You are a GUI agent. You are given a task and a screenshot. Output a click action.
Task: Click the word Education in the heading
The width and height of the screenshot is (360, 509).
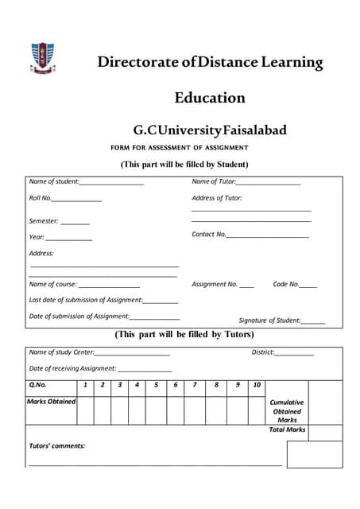210,98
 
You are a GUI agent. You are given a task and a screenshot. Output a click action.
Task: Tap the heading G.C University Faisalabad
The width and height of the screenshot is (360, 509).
210,130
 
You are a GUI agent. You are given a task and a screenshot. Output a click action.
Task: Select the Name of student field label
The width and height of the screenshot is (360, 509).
53,182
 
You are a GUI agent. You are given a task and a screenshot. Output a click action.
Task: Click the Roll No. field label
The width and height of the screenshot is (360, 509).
41,198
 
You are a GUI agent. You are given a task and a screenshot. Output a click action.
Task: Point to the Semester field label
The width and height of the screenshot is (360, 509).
44,221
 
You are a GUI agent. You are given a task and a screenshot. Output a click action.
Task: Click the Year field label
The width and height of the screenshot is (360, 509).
37,237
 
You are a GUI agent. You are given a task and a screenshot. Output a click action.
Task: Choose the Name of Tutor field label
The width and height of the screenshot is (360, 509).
214,182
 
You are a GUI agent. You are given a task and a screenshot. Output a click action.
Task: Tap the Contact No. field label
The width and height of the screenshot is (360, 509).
209,235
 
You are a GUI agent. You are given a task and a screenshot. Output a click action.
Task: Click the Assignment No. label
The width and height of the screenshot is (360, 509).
215,284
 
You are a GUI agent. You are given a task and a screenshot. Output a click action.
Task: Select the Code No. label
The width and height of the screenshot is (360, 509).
285,284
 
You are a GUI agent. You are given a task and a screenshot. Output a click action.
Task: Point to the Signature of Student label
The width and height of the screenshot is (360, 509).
269,321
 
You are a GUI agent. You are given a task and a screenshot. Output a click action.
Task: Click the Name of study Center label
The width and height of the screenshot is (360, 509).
62,352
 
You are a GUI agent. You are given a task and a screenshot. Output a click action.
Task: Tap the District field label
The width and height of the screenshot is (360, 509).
262,352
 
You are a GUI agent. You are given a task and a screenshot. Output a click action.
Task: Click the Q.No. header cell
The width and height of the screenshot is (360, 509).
38,385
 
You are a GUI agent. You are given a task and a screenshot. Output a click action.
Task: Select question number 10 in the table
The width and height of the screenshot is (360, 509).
257,385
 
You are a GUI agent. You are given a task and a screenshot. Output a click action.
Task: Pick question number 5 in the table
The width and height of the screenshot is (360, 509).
156,385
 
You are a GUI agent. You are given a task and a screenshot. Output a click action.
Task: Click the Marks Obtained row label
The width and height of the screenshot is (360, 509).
52,402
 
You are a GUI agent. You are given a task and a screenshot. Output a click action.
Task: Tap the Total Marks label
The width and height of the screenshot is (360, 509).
287,429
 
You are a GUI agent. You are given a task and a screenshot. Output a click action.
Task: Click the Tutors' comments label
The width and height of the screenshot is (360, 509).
57,446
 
